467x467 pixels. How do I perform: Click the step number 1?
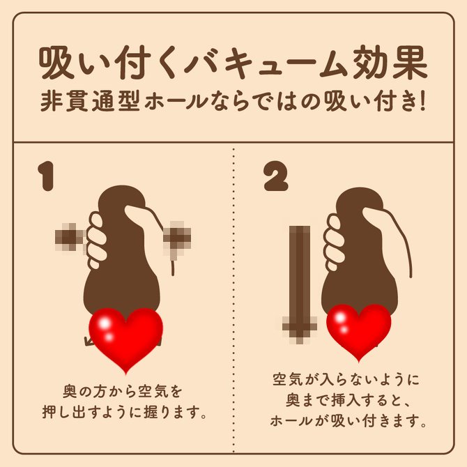pos(47,176)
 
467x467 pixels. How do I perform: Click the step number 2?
pos(276,176)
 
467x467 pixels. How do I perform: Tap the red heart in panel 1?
pos(126,339)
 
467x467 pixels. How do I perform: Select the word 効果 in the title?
pos(390,63)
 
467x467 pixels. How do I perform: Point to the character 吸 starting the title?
pos(56,63)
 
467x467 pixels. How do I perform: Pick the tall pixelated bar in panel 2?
pos(300,284)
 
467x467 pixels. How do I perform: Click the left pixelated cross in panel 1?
pos(70,238)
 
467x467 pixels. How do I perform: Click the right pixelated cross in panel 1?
pos(178,238)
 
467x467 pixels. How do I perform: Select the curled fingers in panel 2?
pos(335,243)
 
